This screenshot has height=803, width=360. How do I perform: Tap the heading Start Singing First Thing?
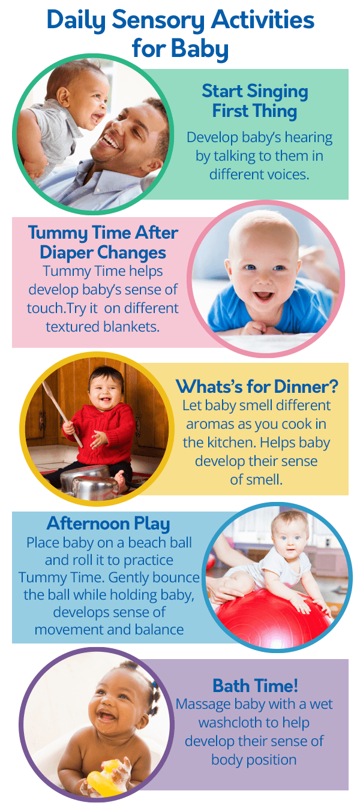pos(255,101)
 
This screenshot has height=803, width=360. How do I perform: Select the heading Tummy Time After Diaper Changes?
pos(103,242)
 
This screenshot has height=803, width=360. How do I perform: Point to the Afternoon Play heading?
pos(109,523)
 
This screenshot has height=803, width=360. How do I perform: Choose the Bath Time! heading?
pos(255,685)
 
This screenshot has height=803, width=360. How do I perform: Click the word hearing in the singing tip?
pos(306,137)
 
